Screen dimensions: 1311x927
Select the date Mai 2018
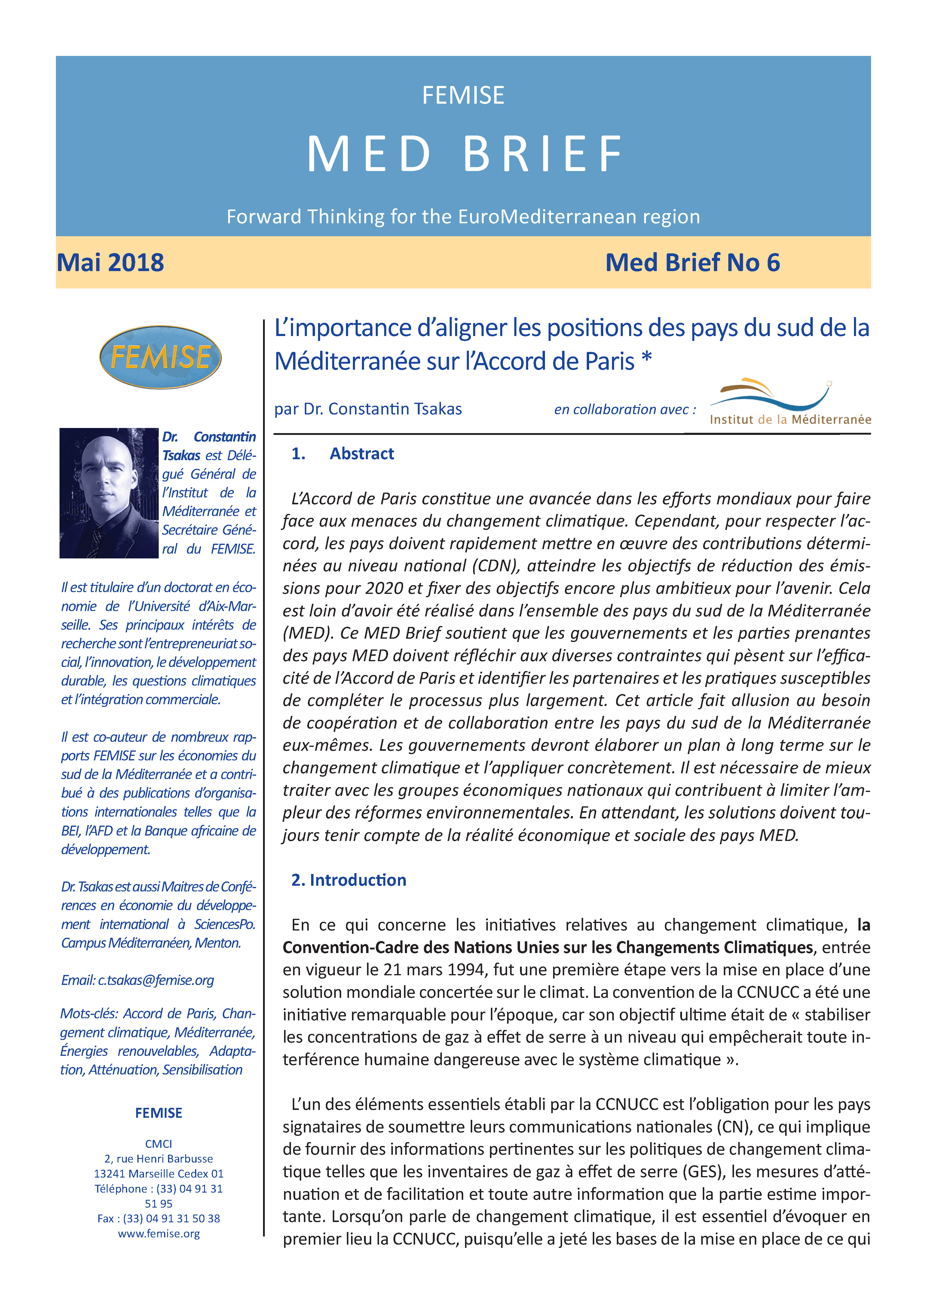[x=110, y=263]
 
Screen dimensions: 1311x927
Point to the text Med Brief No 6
[x=692, y=263]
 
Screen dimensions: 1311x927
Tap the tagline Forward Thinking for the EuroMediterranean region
[x=463, y=217]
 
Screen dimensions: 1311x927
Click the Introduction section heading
[x=349, y=880]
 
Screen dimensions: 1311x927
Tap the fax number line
[x=159, y=1218]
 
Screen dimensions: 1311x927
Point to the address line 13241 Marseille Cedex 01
[x=159, y=1173]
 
